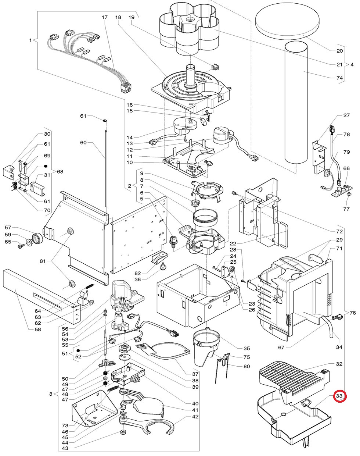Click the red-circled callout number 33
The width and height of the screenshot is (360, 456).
(339, 396)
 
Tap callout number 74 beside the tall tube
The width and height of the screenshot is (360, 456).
(339, 78)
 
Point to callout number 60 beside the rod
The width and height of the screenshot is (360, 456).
(83, 142)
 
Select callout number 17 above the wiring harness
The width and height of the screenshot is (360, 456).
(105, 18)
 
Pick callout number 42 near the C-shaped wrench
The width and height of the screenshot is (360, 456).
(195, 417)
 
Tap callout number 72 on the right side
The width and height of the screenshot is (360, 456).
(339, 231)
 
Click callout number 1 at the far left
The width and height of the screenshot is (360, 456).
(30, 40)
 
